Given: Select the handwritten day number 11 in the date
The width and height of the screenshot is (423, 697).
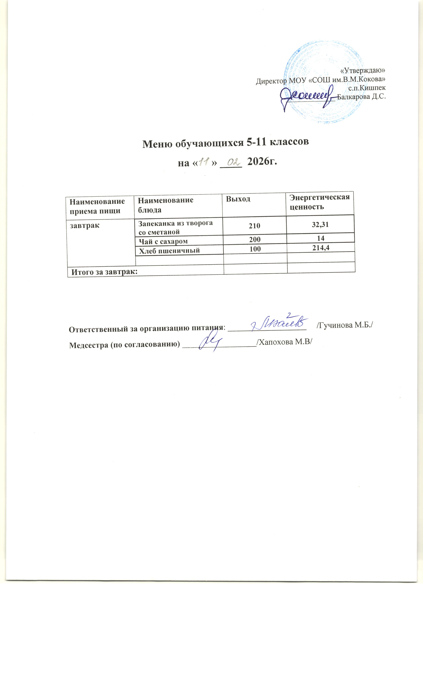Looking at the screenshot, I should pyautogui.click(x=203, y=162).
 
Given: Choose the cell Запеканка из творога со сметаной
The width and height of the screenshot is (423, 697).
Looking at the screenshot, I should pyautogui.click(x=175, y=227).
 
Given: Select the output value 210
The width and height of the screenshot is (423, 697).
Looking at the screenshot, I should pyautogui.click(x=254, y=226).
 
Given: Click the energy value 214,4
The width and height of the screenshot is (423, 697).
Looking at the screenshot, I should pyautogui.click(x=321, y=248).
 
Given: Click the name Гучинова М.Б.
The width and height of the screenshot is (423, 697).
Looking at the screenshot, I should pyautogui.click(x=344, y=325).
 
